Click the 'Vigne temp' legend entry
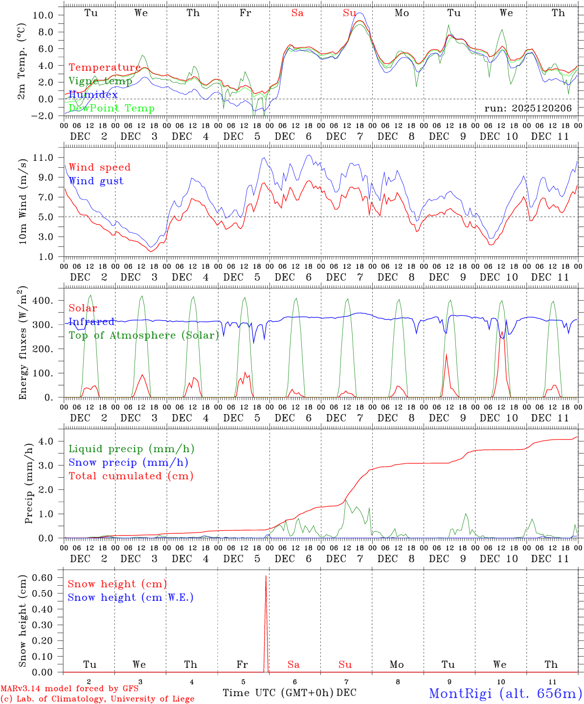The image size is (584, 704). (x=100, y=81)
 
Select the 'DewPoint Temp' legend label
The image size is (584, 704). (x=112, y=108)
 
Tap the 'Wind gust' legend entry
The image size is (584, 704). (x=96, y=181)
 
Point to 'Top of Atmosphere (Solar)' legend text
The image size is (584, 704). (x=144, y=335)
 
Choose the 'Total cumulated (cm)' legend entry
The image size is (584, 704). (x=131, y=476)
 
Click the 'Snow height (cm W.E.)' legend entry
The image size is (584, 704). (x=131, y=597)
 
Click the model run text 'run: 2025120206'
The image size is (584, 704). (x=528, y=108)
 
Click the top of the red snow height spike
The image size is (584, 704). (x=266, y=576)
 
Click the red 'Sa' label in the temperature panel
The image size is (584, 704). (x=297, y=13)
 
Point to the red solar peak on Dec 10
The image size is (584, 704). (x=502, y=332)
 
